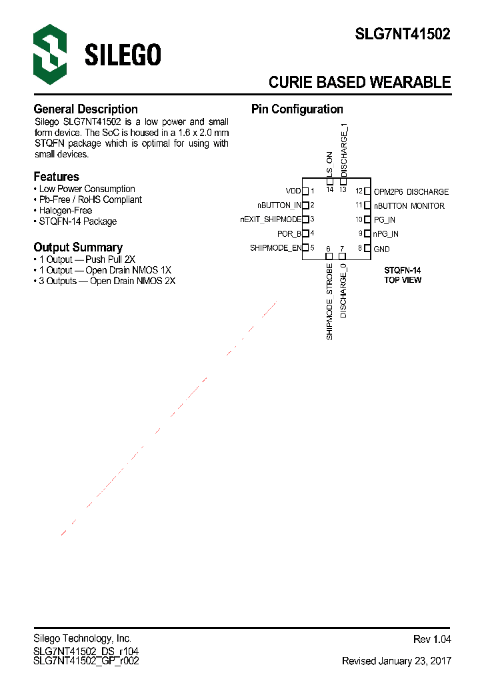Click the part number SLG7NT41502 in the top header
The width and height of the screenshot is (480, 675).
pyautogui.click(x=402, y=35)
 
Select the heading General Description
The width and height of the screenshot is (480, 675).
pyautogui.click(x=85, y=109)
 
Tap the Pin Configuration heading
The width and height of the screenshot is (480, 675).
pyautogui.click(x=297, y=109)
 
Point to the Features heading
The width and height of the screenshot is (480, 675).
pyautogui.click(x=56, y=177)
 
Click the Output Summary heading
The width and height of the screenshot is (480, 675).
pyautogui.click(x=78, y=247)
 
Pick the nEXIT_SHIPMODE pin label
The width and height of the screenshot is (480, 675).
pyautogui.click(x=271, y=219)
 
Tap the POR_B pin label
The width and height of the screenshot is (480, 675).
pyautogui.click(x=289, y=234)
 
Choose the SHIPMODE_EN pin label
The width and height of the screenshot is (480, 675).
pyautogui.click(x=275, y=248)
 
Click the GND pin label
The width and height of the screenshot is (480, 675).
pyautogui.click(x=382, y=249)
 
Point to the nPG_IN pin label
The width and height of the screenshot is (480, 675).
pyautogui.click(x=386, y=234)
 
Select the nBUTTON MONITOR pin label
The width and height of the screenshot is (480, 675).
pyautogui.click(x=409, y=206)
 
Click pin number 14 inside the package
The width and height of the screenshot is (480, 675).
pyautogui.click(x=329, y=189)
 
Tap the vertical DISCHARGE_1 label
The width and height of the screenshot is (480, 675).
pyautogui.click(x=344, y=150)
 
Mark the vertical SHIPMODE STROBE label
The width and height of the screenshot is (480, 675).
pyautogui.click(x=329, y=302)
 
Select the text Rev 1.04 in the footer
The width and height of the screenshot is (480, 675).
pyautogui.click(x=432, y=640)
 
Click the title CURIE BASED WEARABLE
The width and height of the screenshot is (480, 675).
pyautogui.click(x=359, y=83)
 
